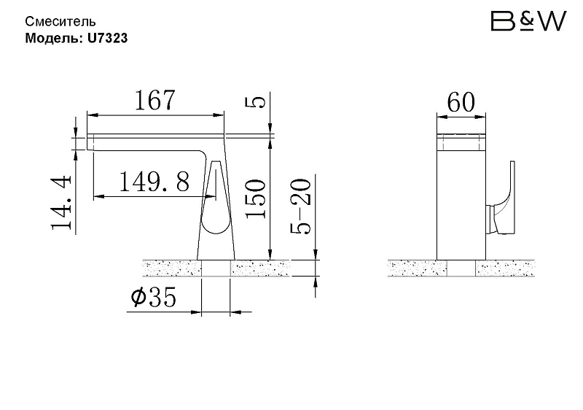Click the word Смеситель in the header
pyautogui.click(x=60, y=22)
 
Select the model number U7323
pyautogui.click(x=107, y=38)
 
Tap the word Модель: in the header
pyautogui.click(x=54, y=38)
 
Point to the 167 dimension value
pyautogui.click(x=154, y=100)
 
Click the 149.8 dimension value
pyautogui.click(x=154, y=182)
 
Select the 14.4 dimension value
pyautogui.click(x=61, y=202)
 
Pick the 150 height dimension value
pyautogui.click(x=256, y=198)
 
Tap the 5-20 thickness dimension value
pyautogui.click(x=300, y=206)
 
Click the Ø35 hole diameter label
pyautogui.click(x=154, y=296)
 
